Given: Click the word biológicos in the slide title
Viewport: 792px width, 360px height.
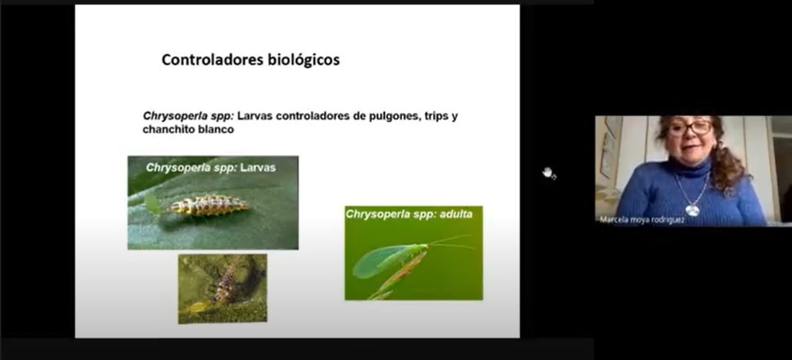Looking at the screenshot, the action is click(x=304, y=60).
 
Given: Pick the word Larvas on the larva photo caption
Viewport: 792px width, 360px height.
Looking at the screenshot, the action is click(x=258, y=168).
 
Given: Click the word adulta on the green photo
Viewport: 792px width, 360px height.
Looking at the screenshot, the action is click(x=456, y=214).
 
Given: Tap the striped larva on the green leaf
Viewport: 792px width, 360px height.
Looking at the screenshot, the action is click(x=208, y=205).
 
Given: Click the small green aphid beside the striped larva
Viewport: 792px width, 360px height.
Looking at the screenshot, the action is click(x=152, y=203).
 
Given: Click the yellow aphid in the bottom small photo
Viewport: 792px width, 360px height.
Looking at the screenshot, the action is click(x=197, y=307).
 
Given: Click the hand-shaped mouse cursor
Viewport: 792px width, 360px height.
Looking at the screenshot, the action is click(x=549, y=173).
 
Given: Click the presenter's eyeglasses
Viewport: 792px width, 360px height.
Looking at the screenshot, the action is click(x=690, y=128).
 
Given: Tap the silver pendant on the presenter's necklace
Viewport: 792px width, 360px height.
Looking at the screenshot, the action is click(x=692, y=210).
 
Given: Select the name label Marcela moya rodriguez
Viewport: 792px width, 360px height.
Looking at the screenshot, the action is click(x=642, y=220).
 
